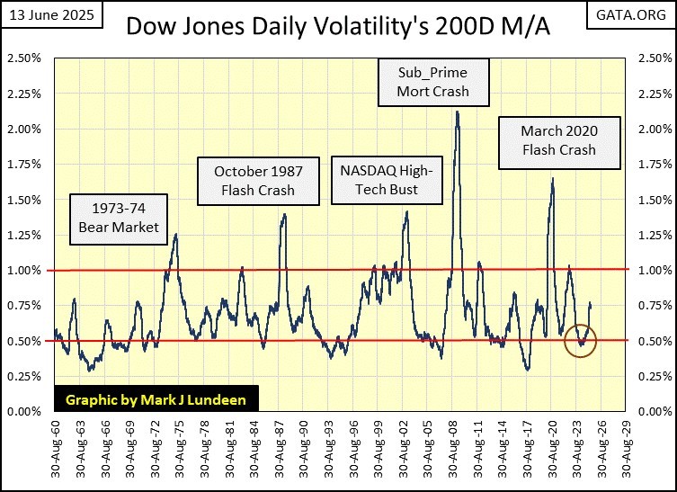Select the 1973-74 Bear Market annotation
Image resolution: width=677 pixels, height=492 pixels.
pos(116,219)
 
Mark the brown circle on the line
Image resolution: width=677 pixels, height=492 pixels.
pos(581,341)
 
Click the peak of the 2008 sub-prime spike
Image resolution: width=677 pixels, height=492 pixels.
pos(458,112)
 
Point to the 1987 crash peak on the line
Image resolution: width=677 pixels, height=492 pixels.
pos(285,214)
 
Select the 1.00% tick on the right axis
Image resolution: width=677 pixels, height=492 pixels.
pos(652,271)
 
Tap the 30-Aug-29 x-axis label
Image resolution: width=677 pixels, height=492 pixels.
pos(623,446)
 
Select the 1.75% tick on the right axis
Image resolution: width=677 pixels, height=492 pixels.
pos(652,165)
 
